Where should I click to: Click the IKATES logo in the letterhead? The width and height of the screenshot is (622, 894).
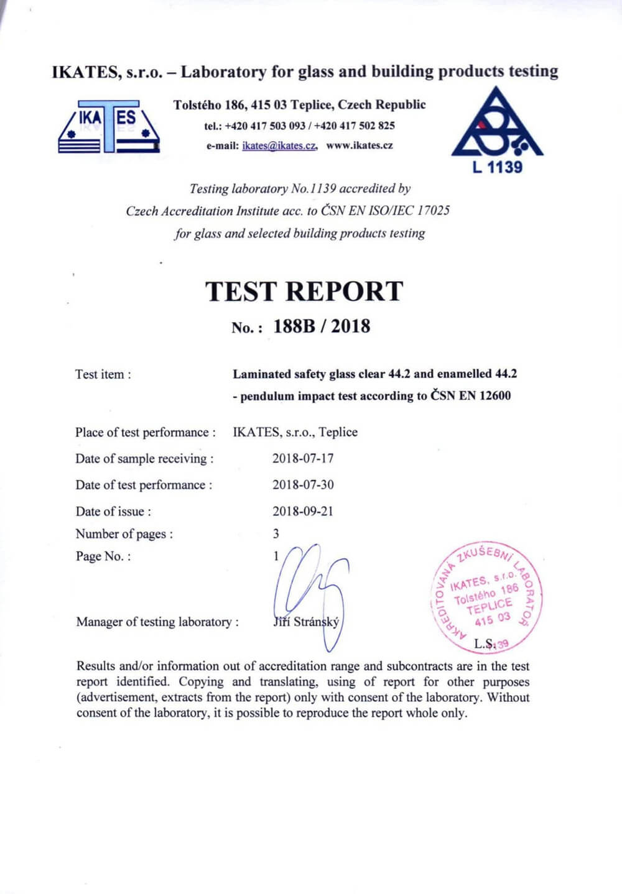(109, 126)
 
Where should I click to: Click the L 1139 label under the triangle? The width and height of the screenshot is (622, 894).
(497, 167)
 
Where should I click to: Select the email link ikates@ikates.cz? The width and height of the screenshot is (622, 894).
(280, 146)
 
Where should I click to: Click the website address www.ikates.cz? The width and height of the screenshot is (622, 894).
(360, 145)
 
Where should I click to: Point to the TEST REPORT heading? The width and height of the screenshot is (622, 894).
(304, 292)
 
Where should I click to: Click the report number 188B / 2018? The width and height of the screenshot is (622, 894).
(322, 326)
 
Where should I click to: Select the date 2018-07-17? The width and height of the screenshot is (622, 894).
(303, 458)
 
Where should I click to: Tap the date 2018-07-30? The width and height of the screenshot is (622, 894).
(303, 484)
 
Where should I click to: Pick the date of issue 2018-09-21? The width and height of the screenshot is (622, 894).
(303, 511)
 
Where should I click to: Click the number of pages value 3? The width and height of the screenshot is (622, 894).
(276, 533)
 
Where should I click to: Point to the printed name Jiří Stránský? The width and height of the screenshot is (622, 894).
(307, 622)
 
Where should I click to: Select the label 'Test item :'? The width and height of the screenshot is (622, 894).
(103, 374)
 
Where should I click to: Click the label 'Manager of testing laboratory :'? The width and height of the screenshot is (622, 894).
(157, 622)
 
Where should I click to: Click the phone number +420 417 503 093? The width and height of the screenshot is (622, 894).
(265, 126)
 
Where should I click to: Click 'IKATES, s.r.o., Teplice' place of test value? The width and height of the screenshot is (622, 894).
(295, 432)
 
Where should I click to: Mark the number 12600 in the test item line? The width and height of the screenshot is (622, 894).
(494, 396)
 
